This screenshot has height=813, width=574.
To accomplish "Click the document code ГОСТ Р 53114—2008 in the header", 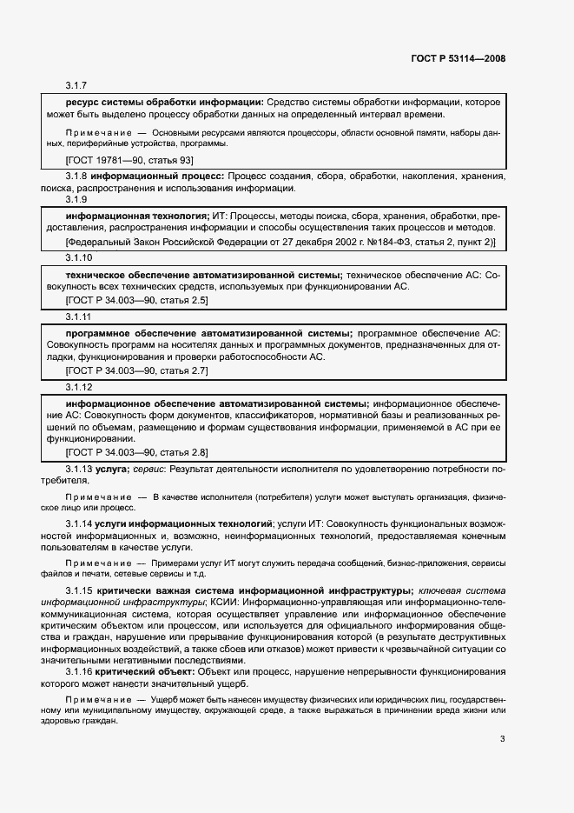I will (x=458, y=59).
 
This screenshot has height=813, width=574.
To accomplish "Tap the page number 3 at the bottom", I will (x=502, y=764).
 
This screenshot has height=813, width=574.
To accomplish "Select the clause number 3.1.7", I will (x=77, y=85).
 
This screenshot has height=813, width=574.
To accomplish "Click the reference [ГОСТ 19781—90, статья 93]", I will (x=129, y=160).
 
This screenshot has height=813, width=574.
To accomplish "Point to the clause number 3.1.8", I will (x=79, y=176).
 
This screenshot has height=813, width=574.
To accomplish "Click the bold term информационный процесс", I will (x=160, y=176).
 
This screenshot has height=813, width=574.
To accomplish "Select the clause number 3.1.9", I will (x=77, y=199).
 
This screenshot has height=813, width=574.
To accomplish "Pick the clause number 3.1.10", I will (x=79, y=258).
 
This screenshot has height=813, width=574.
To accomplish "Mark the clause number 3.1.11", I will (x=79, y=317).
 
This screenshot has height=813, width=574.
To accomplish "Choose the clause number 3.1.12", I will (x=79, y=387).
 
